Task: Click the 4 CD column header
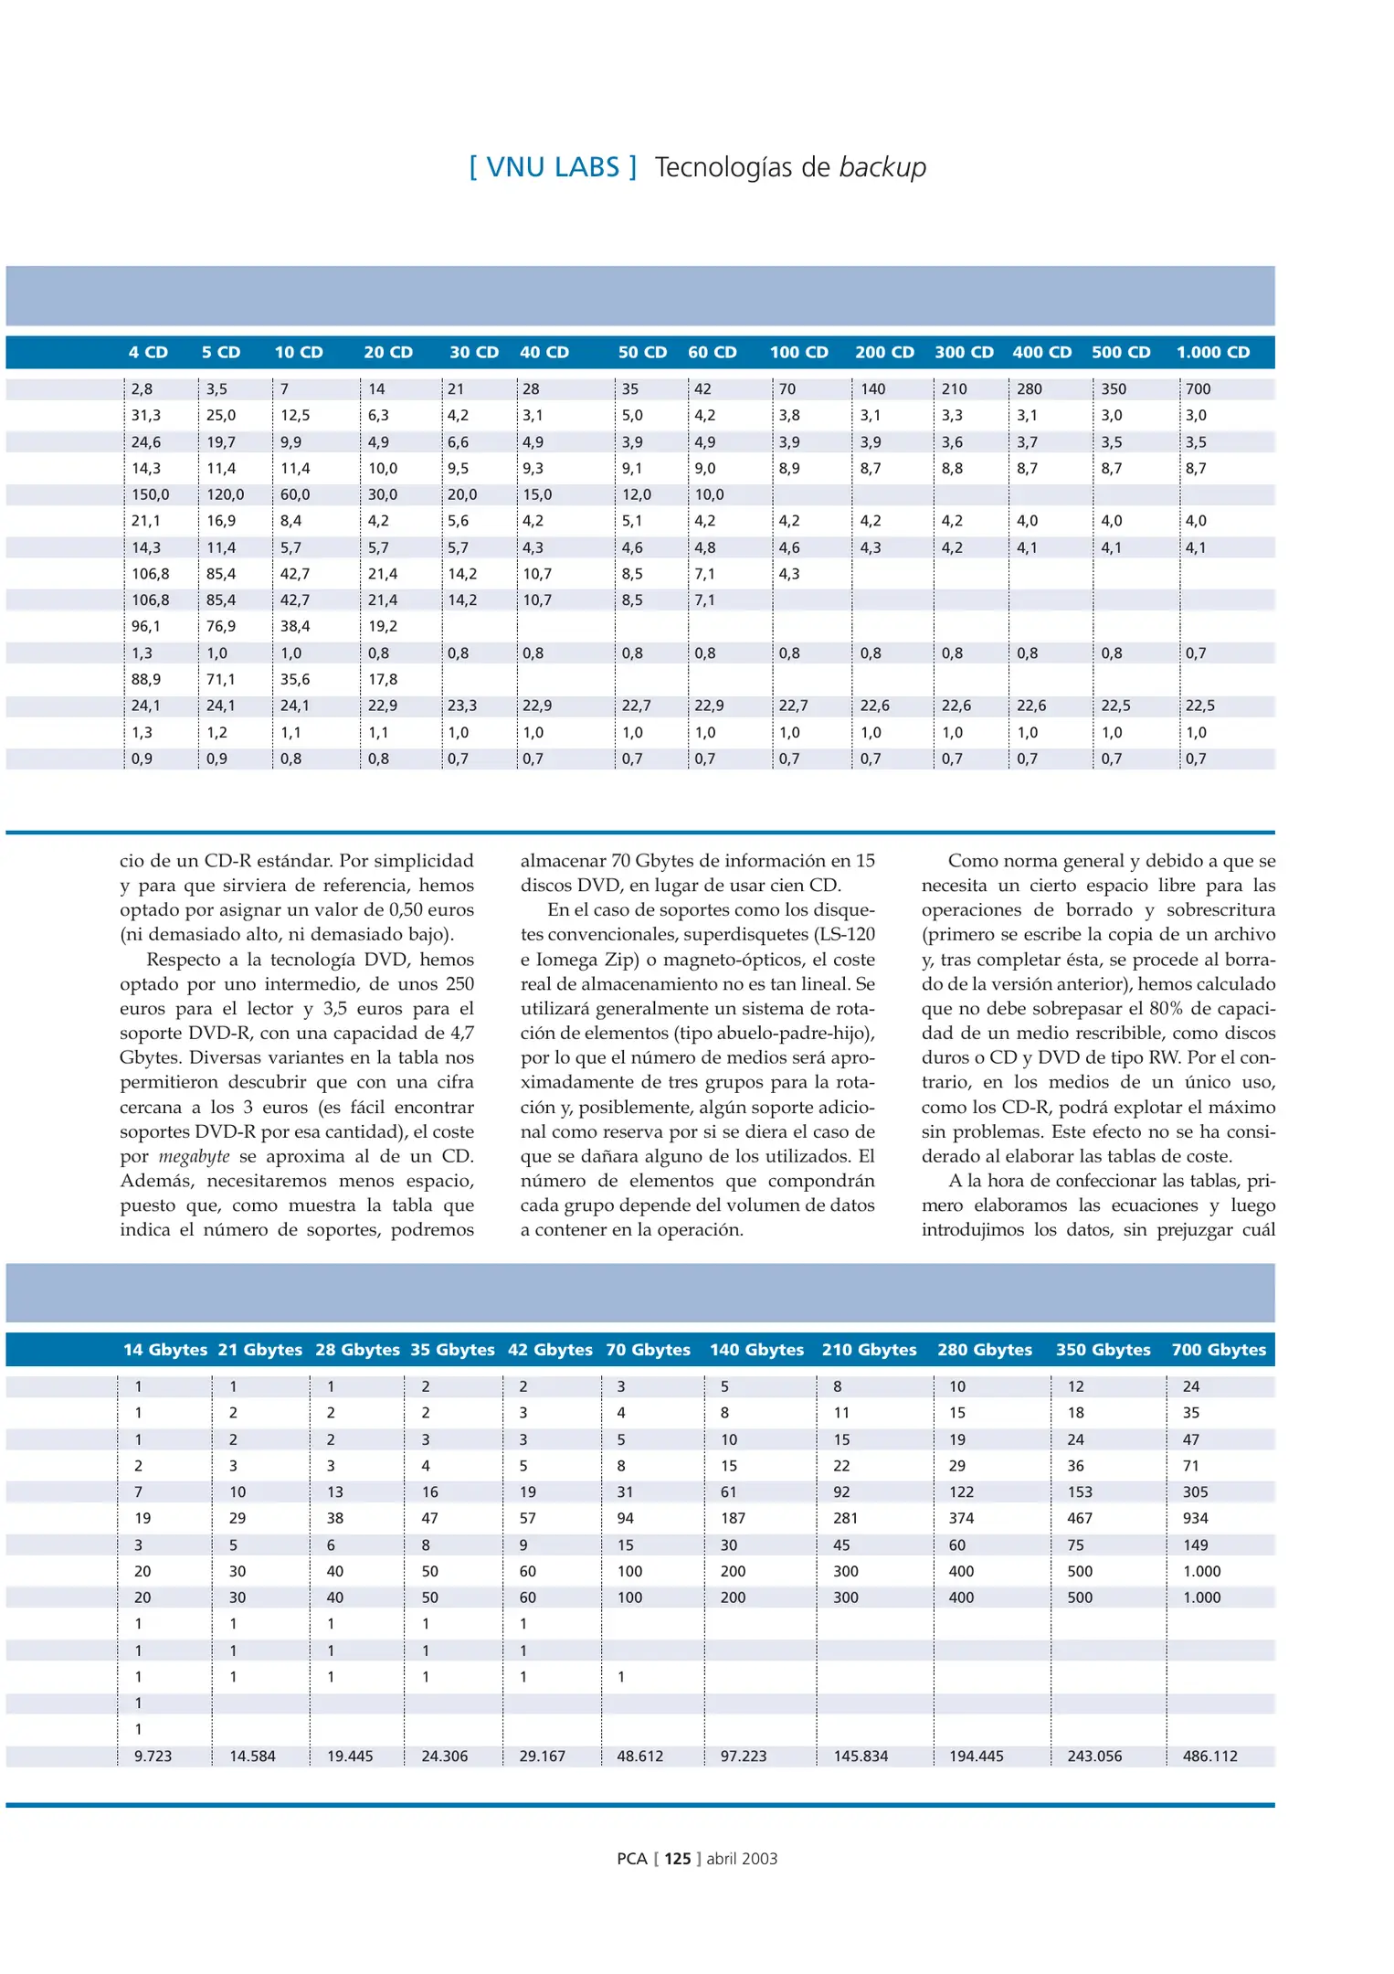pos(148,352)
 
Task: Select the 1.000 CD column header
pos(1212,352)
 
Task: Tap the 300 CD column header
pos(964,352)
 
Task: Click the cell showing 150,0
pos(151,494)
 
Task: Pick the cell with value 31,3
pos(146,415)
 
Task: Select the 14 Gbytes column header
pos(165,1350)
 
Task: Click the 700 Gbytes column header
pos(1219,1350)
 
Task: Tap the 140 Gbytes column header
pos(756,1350)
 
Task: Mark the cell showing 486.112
pos(1209,1756)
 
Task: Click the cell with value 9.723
pos(153,1756)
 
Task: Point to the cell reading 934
pos(1195,1518)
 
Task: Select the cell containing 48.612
pos(639,1756)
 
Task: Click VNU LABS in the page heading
pos(553,167)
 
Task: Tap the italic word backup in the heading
pos(882,167)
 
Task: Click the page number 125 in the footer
pos(677,1858)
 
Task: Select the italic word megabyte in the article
pos(194,1156)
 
